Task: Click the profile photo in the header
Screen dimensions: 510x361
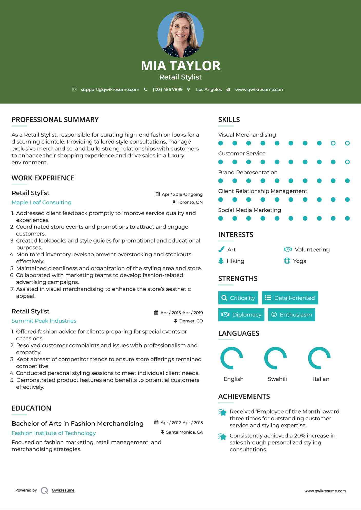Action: pyautogui.click(x=180, y=34)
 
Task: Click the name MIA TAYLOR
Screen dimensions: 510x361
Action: pyautogui.click(x=180, y=66)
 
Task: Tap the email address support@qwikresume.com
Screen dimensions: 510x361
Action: pyautogui.click(x=110, y=90)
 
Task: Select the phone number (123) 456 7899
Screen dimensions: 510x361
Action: pyautogui.click(x=168, y=90)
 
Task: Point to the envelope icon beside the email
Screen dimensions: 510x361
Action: pyautogui.click(x=74, y=90)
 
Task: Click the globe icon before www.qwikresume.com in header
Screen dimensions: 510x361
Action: pyautogui.click(x=228, y=90)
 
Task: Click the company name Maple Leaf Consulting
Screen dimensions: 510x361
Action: pyautogui.click(x=42, y=202)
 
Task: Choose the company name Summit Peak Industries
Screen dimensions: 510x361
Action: pyautogui.click(x=44, y=321)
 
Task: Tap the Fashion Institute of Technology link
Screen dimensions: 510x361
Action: pyautogui.click(x=54, y=433)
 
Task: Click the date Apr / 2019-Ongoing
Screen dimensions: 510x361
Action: pyautogui.click(x=182, y=194)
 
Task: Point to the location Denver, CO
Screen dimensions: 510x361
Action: pyautogui.click(x=191, y=321)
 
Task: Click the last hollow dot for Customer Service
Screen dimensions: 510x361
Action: pyautogui.click(x=347, y=162)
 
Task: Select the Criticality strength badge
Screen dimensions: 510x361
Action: pyautogui.click(x=238, y=298)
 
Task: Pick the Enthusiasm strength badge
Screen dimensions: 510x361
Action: pyautogui.click(x=291, y=315)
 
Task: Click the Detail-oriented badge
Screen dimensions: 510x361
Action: pyautogui.click(x=290, y=298)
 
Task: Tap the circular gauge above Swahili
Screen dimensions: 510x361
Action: pyautogui.click(x=275, y=358)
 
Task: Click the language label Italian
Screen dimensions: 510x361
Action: pyautogui.click(x=321, y=379)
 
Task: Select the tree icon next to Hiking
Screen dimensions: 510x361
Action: pyautogui.click(x=221, y=261)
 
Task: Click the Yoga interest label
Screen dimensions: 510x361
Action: pyautogui.click(x=300, y=261)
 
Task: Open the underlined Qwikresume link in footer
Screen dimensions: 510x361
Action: pyautogui.click(x=63, y=490)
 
